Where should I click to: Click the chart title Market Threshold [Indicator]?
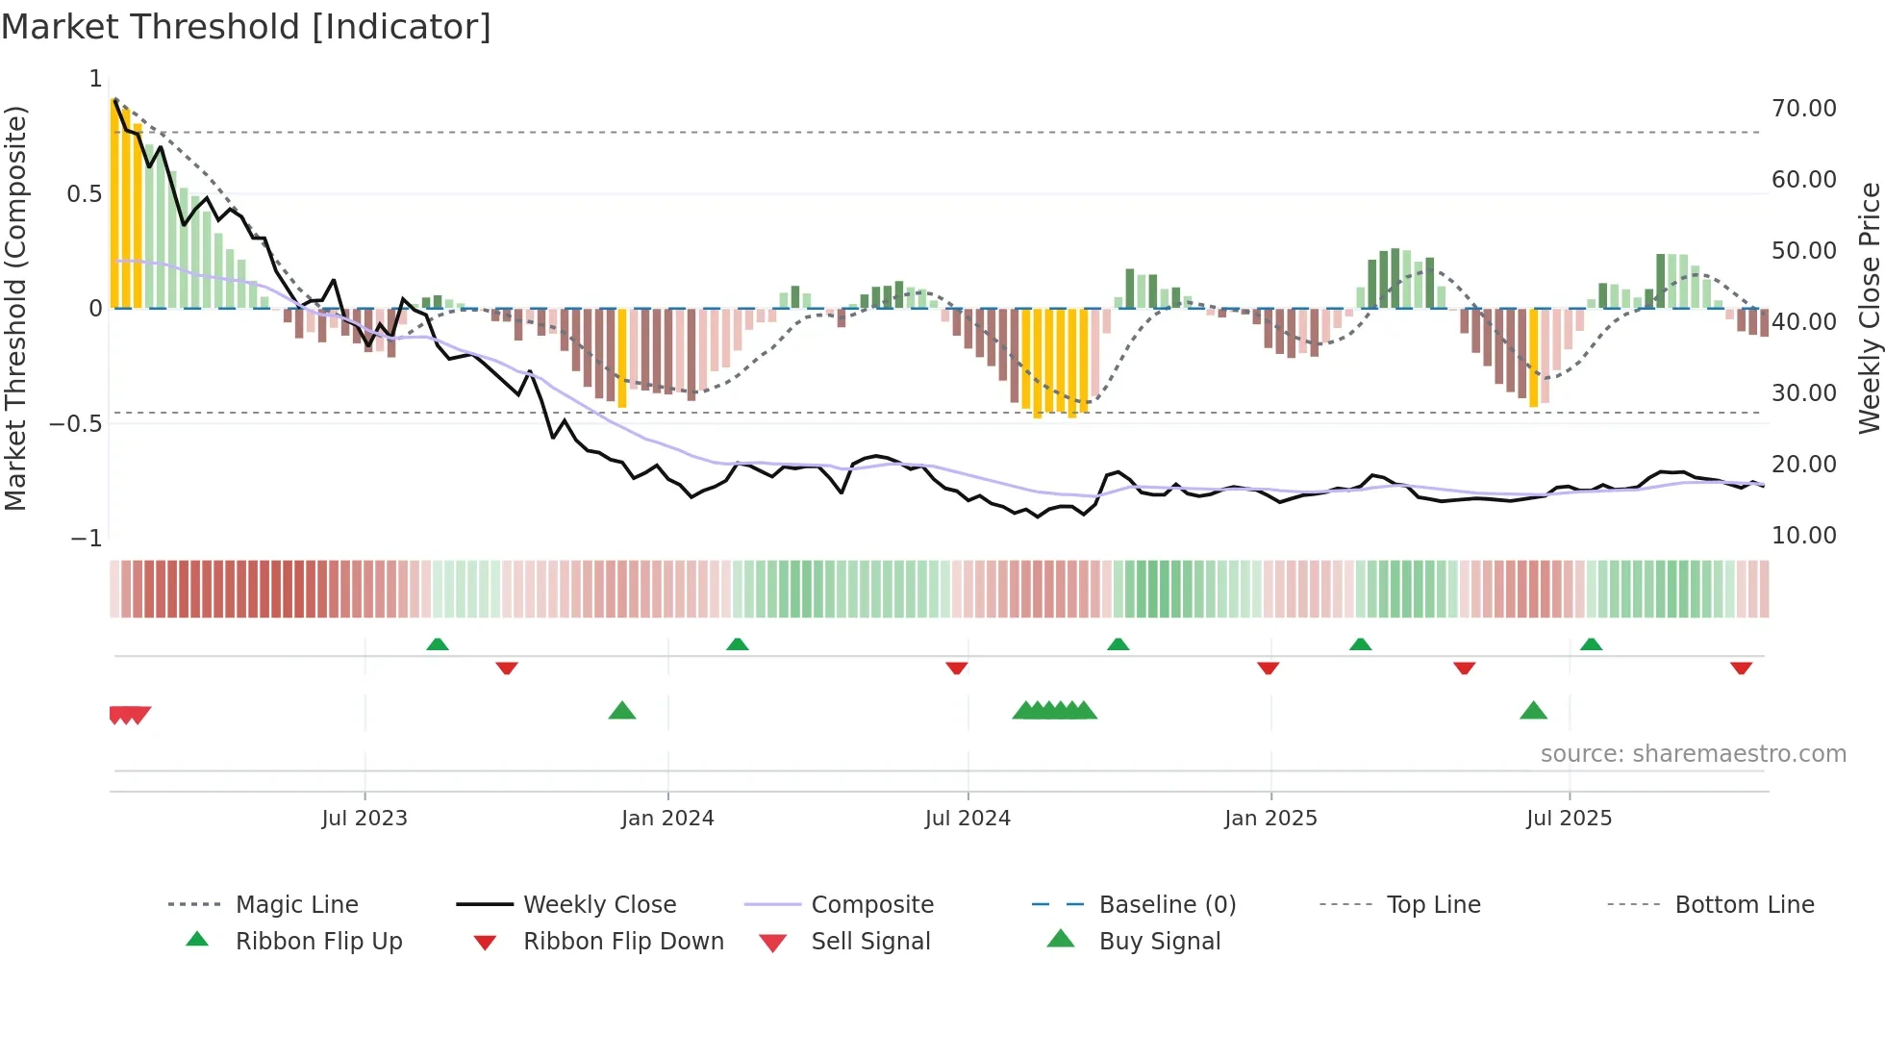coord(246,27)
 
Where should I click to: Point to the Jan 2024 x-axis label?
coord(667,818)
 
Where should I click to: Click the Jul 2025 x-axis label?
coord(1569,818)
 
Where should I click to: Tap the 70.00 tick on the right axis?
coord(1803,109)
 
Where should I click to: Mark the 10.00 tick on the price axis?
coord(1803,535)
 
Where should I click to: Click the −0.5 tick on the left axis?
coord(76,424)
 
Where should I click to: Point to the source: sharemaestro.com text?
coord(1693,753)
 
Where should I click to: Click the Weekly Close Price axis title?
coord(1869,308)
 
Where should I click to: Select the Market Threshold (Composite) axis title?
coord(15,308)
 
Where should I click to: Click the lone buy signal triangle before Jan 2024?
coord(622,711)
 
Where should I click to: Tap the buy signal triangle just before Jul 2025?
coord(1533,711)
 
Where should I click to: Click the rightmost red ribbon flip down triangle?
coord(1741,668)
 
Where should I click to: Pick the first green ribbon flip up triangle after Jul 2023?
coord(438,644)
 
